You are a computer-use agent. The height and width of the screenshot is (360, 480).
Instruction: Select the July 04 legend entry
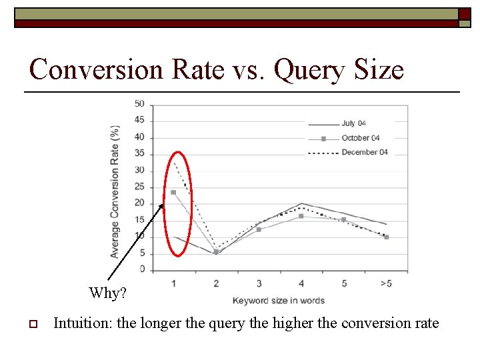pyautogui.click(x=353, y=123)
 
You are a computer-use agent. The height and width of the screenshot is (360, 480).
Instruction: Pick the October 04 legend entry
pyautogui.click(x=360, y=138)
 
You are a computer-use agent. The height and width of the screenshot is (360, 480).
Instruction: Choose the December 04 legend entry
pyautogui.click(x=364, y=153)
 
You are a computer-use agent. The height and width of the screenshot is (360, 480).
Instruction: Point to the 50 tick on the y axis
pyautogui.click(x=139, y=103)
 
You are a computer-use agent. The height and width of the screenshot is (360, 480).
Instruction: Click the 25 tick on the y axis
pyautogui.click(x=139, y=187)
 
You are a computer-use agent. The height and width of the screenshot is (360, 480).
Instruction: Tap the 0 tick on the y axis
pyautogui.click(x=141, y=269)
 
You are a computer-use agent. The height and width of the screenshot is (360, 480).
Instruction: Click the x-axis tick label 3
pyautogui.click(x=259, y=284)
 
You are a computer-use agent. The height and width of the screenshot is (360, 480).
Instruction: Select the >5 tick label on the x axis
pyautogui.click(x=386, y=284)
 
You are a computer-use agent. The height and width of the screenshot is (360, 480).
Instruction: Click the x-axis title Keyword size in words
pyautogui.click(x=278, y=301)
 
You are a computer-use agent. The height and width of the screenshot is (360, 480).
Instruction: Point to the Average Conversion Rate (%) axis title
pyautogui.click(x=115, y=191)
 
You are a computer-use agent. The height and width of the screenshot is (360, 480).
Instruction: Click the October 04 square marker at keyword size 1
pyautogui.click(x=173, y=192)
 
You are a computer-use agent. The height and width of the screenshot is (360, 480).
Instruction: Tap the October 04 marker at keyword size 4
pyautogui.click(x=301, y=216)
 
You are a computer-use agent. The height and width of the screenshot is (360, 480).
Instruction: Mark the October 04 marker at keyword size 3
pyautogui.click(x=259, y=229)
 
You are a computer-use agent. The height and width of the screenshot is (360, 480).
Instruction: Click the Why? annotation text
pyautogui.click(x=107, y=293)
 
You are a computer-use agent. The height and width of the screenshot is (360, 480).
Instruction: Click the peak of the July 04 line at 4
pyautogui.click(x=301, y=203)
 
